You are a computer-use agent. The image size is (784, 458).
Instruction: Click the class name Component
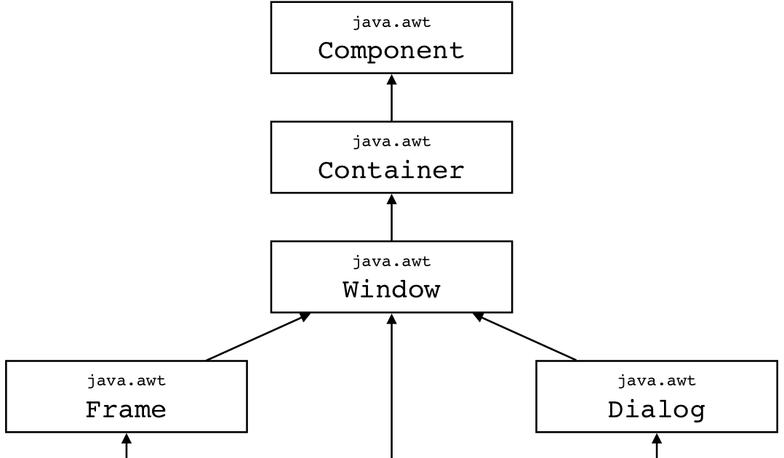391,51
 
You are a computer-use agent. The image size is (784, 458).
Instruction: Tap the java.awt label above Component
391,23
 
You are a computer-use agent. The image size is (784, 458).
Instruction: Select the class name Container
391,171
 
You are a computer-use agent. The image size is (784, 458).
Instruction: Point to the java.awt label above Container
391,142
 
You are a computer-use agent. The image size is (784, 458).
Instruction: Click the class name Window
391,290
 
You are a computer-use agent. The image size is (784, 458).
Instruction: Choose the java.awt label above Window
391,261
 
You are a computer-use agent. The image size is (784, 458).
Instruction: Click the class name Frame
126,410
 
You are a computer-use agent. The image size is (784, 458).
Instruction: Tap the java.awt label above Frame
126,381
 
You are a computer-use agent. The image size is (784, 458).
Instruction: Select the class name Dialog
657,410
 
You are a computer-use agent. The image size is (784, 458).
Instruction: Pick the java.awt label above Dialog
657,381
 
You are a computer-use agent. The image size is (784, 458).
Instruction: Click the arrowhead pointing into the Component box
391,79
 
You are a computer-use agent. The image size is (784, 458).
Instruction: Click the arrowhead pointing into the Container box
391,198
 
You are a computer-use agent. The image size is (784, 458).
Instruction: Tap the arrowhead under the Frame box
126,438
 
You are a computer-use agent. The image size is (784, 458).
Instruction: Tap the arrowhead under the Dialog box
657,438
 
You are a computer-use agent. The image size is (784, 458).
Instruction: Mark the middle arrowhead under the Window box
391,318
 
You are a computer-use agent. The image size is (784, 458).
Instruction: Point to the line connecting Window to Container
391,222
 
